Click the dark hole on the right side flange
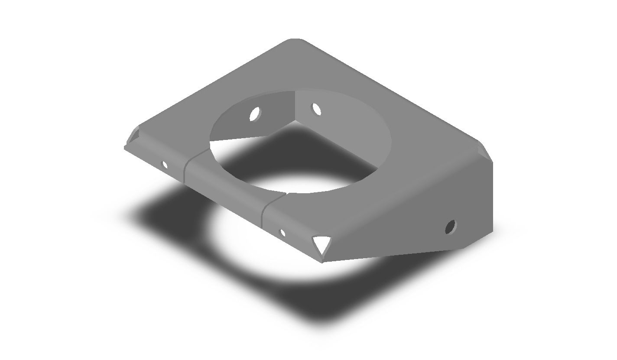[x=451, y=226]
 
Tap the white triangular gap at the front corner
[x=322, y=244]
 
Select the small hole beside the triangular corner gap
[x=283, y=233]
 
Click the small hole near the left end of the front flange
[x=165, y=165]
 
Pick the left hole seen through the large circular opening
[x=255, y=114]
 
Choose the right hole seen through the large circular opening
[x=317, y=109]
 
